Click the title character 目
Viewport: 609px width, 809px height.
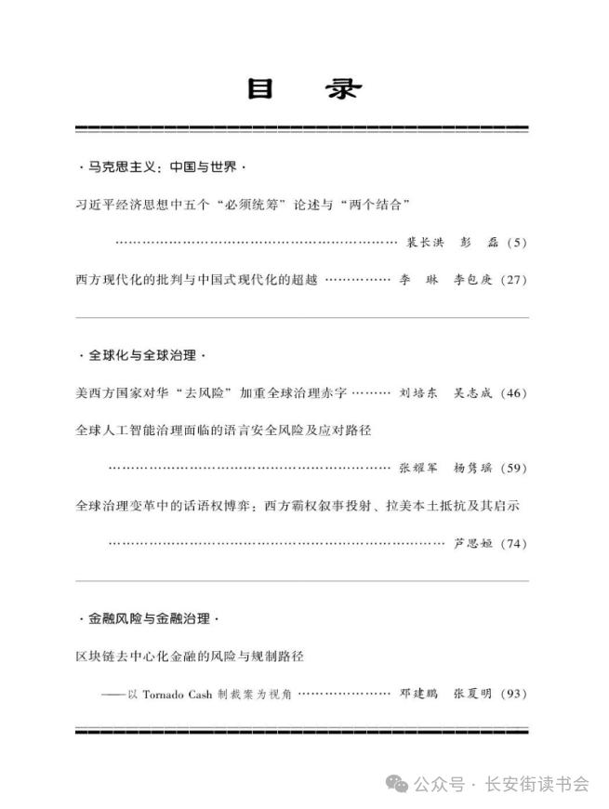pos(259,89)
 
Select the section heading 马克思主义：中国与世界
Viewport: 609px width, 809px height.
pos(161,168)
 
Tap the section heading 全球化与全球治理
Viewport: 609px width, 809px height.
pos(140,355)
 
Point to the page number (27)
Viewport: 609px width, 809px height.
pos(513,279)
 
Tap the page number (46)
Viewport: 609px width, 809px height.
pos(513,393)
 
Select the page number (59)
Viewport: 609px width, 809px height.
pos(513,468)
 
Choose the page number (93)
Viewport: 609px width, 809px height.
pos(513,694)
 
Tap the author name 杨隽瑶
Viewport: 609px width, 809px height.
pos(471,468)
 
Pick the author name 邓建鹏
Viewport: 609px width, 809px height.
pos(418,694)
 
